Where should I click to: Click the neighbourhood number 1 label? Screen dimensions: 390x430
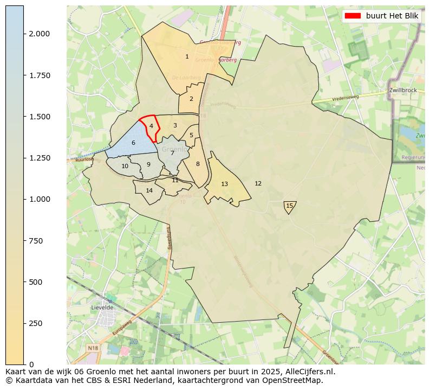tap(187, 56)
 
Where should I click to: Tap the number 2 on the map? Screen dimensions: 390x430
tap(191, 99)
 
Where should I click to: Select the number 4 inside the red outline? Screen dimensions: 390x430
tap(151, 126)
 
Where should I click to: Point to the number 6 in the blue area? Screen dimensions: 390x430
tap(133, 143)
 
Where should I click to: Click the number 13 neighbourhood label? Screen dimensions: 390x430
tap(224, 184)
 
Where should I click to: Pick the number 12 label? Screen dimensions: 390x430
tap(258, 183)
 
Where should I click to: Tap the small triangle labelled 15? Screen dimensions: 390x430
tap(289, 206)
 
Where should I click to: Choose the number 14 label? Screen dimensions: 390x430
tap(149, 190)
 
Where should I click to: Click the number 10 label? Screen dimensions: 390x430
tap(125, 166)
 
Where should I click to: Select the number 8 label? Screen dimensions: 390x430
tap(198, 164)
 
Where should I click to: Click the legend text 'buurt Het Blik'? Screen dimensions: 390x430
tap(392, 16)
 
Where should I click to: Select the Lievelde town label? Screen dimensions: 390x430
tap(102, 307)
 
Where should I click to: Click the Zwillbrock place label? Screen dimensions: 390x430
tap(402, 90)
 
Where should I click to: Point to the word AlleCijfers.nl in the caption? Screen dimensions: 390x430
tap(309, 372)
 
